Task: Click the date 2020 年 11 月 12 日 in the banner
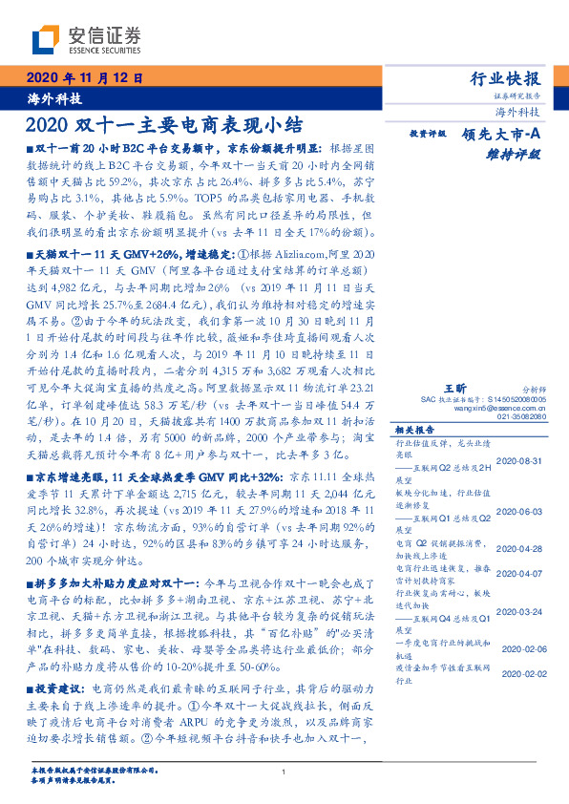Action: pos(83,78)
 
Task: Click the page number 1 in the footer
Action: pos(284,772)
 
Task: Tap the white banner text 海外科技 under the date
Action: pos(53,98)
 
